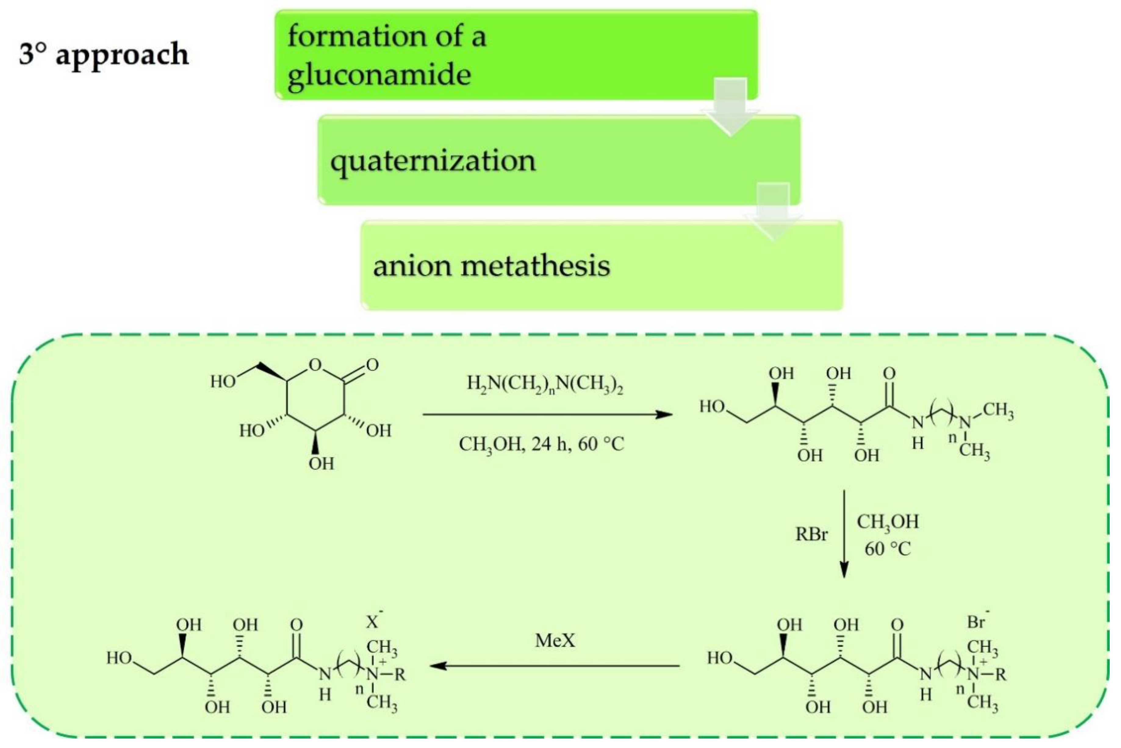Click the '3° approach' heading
click(103, 54)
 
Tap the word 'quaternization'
click(433, 161)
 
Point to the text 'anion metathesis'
click(491, 266)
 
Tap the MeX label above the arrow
click(555, 640)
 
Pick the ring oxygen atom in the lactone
click(315, 365)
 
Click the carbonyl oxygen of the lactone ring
click(372, 365)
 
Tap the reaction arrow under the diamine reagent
click(547, 414)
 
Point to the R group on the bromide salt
click(1000, 675)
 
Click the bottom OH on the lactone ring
click(321, 463)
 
